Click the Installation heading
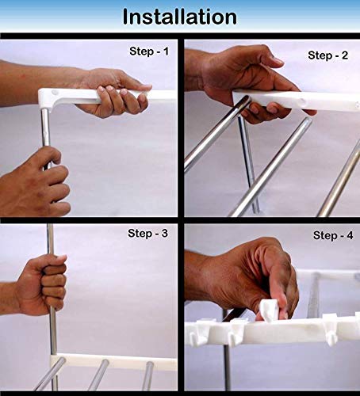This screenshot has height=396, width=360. click(x=180, y=17)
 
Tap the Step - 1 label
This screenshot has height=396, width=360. click(x=149, y=51)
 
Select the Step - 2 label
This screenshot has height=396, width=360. click(x=327, y=55)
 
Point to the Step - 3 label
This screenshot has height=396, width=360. click(x=147, y=233)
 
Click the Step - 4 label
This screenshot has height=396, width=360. click(x=333, y=235)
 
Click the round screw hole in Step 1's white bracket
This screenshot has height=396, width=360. click(x=55, y=93)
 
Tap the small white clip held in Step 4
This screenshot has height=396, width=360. click(x=269, y=310)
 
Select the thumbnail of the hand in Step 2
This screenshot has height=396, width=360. click(x=277, y=62)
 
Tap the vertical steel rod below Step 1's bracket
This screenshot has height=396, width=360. click(x=45, y=127)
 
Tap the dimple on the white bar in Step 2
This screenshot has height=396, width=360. click(x=303, y=101)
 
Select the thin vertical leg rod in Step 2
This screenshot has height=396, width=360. click(x=248, y=165)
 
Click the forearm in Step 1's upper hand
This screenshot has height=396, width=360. click(x=40, y=79)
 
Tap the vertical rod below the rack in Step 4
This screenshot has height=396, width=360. click(x=228, y=367)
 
